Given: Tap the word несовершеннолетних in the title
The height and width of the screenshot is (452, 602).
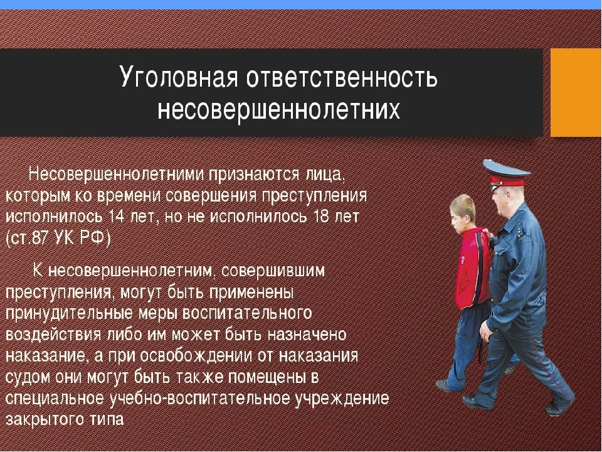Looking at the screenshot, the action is coord(278,110).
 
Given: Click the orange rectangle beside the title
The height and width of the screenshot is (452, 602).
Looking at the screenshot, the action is coord(576,93).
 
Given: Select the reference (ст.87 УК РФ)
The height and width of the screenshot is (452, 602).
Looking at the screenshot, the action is coord(58,239).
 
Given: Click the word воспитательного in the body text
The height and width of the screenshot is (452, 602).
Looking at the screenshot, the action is coord(247,313).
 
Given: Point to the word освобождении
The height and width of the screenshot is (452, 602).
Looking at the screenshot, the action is coord(196,356).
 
